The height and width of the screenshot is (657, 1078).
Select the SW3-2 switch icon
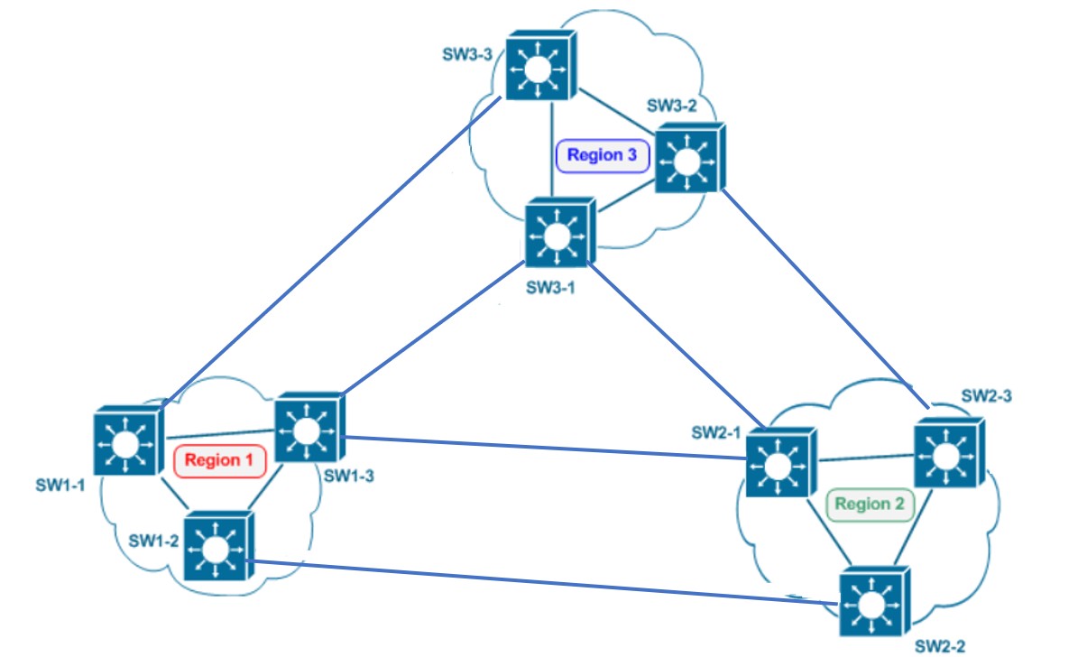coord(688,159)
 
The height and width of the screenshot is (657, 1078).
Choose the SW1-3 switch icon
coord(308,429)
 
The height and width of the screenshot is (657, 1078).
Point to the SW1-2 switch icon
coord(217,546)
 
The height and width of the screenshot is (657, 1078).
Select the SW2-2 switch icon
coord(872,603)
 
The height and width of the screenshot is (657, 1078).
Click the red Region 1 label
coord(219,460)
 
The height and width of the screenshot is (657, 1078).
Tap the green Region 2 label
coord(869,504)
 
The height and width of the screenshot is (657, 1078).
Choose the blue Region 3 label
coord(602,155)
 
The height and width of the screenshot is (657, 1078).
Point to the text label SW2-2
coord(940,646)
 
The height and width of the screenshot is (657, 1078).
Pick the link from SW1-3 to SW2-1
coord(541,447)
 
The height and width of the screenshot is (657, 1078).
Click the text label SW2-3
coord(986,395)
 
